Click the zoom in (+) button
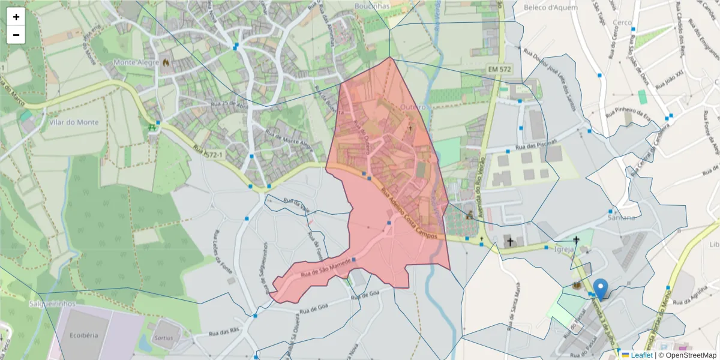[16, 17]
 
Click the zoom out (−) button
[16, 35]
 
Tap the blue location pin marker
[600, 289]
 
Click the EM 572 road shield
[499, 70]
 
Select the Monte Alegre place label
[134, 62]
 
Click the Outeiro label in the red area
[412, 107]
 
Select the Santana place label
[621, 217]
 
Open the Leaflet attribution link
[641, 355]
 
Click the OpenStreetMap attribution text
[688, 355]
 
